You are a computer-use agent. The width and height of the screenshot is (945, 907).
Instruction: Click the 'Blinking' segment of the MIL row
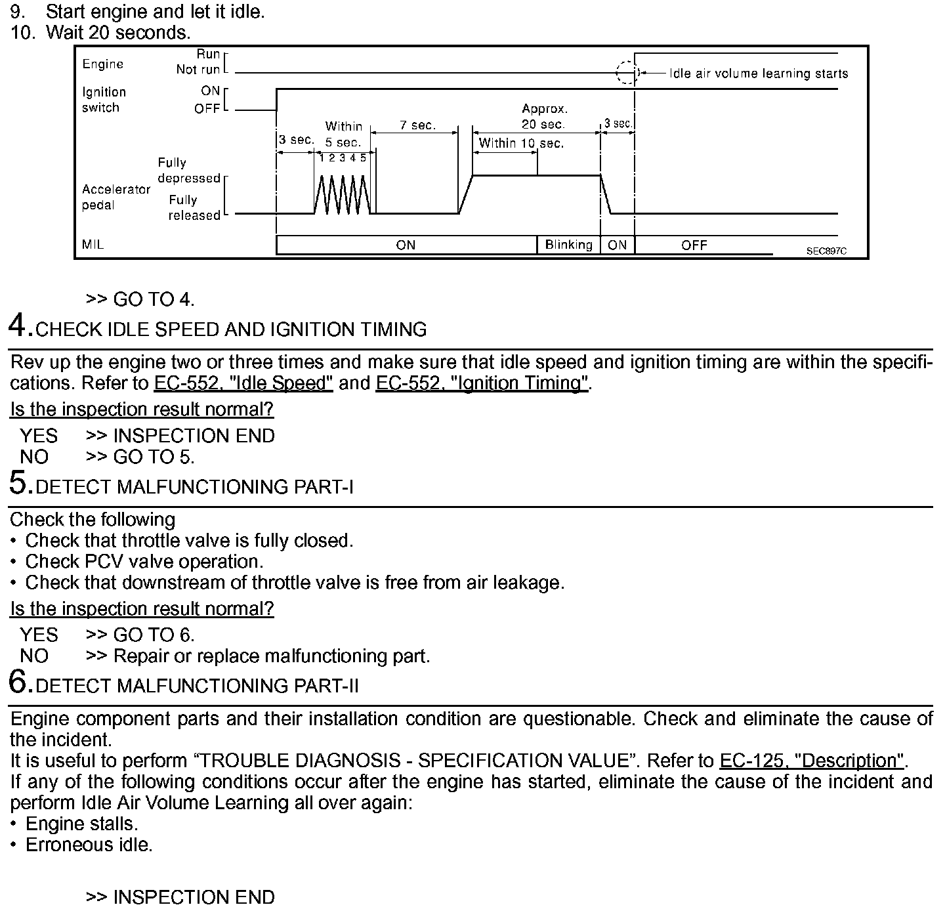tap(568, 245)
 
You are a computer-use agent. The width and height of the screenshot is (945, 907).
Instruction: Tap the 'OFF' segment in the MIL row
tap(694, 245)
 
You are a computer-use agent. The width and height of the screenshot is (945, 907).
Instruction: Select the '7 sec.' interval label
tap(418, 125)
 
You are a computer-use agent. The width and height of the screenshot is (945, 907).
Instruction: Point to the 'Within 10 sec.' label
tap(521, 143)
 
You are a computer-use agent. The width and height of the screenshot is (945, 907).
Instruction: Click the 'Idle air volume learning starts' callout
tap(759, 74)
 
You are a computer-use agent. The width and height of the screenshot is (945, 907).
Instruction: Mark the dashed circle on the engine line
tap(627, 72)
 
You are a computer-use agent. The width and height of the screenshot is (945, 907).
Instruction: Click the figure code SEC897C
tap(826, 251)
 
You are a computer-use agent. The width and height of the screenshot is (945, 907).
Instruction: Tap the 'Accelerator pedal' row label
tap(116, 197)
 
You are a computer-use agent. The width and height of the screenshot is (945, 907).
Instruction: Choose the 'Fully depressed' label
tap(188, 171)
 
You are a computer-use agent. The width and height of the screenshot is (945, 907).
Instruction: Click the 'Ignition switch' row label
tap(104, 100)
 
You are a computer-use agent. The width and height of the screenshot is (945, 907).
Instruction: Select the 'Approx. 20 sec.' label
tap(544, 116)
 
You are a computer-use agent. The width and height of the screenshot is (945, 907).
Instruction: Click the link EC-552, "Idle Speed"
tap(243, 383)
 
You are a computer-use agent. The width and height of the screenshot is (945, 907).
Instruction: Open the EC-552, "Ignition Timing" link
tap(482, 383)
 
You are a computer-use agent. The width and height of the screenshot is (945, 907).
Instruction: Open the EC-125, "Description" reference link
tap(812, 761)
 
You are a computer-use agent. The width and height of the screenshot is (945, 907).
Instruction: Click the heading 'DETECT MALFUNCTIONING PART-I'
tap(195, 487)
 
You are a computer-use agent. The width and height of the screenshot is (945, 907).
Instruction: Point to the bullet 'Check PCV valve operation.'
tap(144, 562)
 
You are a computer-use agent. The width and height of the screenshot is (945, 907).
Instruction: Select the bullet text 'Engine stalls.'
tap(81, 824)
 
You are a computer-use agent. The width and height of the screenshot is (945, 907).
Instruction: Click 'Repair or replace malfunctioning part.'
tap(272, 656)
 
